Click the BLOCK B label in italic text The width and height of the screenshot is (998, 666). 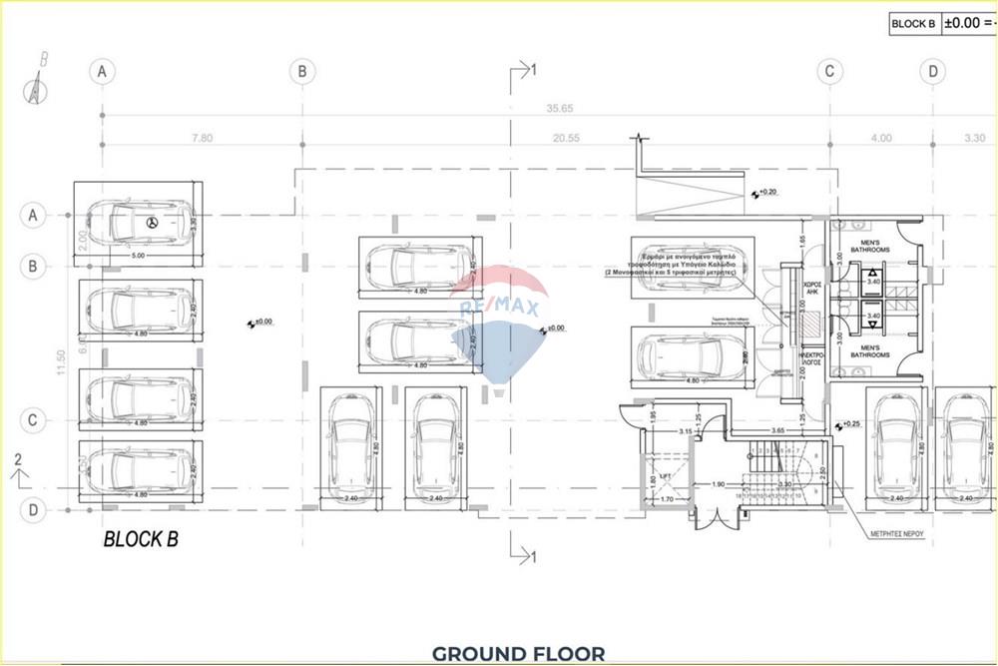pyautogui.click(x=141, y=539)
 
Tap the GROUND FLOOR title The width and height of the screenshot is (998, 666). pyautogui.click(x=518, y=654)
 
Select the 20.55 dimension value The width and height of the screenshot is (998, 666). pyautogui.click(x=566, y=138)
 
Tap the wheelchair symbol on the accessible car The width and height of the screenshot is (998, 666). pyautogui.click(x=152, y=223)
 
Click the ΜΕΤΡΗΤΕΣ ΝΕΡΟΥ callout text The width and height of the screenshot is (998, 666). pyautogui.click(x=894, y=533)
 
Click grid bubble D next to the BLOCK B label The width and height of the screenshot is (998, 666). pyautogui.click(x=33, y=510)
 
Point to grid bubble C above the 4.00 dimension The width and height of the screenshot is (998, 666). pyautogui.click(x=828, y=71)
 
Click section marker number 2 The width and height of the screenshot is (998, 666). pyautogui.click(x=17, y=458)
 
